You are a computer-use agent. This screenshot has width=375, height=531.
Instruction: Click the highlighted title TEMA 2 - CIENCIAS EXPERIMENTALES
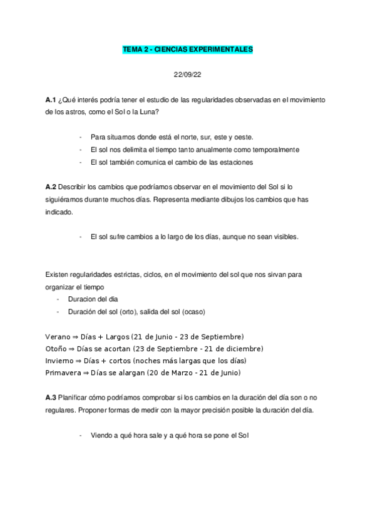pyautogui.click(x=187, y=49)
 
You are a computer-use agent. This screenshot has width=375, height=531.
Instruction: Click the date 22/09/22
pyautogui.click(x=187, y=75)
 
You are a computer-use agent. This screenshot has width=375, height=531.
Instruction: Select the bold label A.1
pyautogui.click(x=51, y=100)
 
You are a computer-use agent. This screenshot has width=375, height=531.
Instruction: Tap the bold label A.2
pyautogui.click(x=51, y=187)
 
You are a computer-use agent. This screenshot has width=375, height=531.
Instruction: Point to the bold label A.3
pyautogui.click(x=51, y=398)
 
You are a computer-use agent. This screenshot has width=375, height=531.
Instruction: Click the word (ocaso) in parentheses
pyautogui.click(x=193, y=311)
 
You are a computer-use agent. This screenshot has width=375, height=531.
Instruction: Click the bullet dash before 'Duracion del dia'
pyautogui.click(x=58, y=299)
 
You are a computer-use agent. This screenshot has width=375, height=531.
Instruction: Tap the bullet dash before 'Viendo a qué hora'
pyautogui.click(x=81, y=435)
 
